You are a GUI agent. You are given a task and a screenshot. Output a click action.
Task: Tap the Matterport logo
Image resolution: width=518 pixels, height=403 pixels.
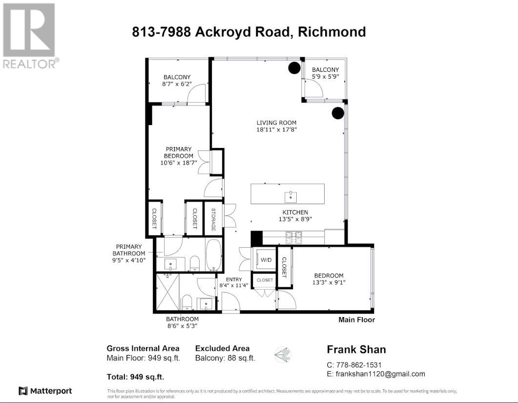click(x=45, y=391)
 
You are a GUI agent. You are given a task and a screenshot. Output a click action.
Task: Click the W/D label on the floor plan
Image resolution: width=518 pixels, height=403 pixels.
click(x=266, y=260)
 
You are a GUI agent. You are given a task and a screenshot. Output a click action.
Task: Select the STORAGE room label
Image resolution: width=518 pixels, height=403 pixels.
click(x=213, y=220)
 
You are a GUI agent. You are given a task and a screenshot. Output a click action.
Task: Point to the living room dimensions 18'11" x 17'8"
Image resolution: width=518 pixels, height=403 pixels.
click(x=276, y=129)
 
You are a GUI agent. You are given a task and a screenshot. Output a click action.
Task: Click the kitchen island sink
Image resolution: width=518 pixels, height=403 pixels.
click(x=290, y=197)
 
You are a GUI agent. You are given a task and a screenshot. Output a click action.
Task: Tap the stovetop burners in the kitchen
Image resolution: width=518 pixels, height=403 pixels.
click(x=294, y=237)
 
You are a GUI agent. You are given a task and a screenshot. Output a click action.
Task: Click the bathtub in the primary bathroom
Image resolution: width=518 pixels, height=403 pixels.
click(x=214, y=255)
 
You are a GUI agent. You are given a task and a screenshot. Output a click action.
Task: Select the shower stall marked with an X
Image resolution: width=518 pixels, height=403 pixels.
click(x=167, y=292)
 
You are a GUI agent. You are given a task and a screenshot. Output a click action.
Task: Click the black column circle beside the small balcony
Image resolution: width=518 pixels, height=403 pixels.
click(x=294, y=68)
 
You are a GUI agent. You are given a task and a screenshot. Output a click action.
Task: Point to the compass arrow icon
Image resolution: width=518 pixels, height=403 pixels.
click(x=283, y=355)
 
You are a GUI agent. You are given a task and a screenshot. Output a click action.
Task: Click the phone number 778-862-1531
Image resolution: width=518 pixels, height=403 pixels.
click(x=359, y=365)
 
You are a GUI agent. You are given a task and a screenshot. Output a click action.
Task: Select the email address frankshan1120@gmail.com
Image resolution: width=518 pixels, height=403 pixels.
click(x=380, y=374)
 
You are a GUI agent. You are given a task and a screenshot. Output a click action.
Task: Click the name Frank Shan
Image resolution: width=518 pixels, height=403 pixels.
click(x=356, y=349)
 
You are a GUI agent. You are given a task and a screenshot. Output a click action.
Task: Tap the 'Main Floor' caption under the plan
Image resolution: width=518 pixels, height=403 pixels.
click(x=356, y=319)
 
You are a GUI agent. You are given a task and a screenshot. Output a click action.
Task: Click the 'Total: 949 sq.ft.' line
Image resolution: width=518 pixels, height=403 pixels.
click(x=135, y=377)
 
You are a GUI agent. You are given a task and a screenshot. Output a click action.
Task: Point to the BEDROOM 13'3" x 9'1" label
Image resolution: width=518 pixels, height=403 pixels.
click(x=329, y=279)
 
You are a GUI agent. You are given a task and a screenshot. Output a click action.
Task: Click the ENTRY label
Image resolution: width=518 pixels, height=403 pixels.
click(x=234, y=279)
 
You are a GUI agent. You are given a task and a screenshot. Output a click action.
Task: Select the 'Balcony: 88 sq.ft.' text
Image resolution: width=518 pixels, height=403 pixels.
click(x=225, y=358)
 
